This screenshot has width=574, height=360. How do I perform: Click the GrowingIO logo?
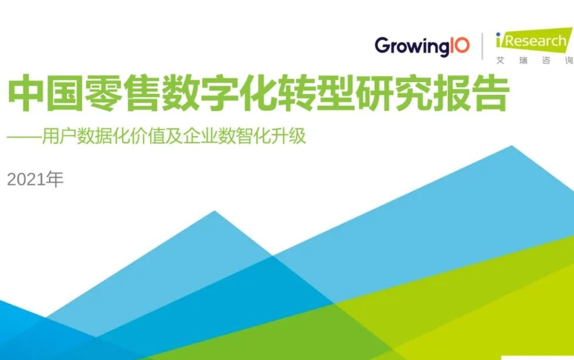[422, 46]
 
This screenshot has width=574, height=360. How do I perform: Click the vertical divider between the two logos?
[482, 46]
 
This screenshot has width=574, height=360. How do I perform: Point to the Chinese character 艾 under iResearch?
[501, 60]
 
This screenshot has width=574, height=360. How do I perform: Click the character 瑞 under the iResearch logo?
[523, 60]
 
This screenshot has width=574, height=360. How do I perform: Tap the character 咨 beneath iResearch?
[546, 60]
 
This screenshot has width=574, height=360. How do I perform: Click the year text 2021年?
[35, 179]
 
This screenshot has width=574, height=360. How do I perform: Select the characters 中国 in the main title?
[45, 93]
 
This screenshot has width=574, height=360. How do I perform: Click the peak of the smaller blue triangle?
[215, 211]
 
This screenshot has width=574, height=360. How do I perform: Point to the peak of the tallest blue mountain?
[512, 146]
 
